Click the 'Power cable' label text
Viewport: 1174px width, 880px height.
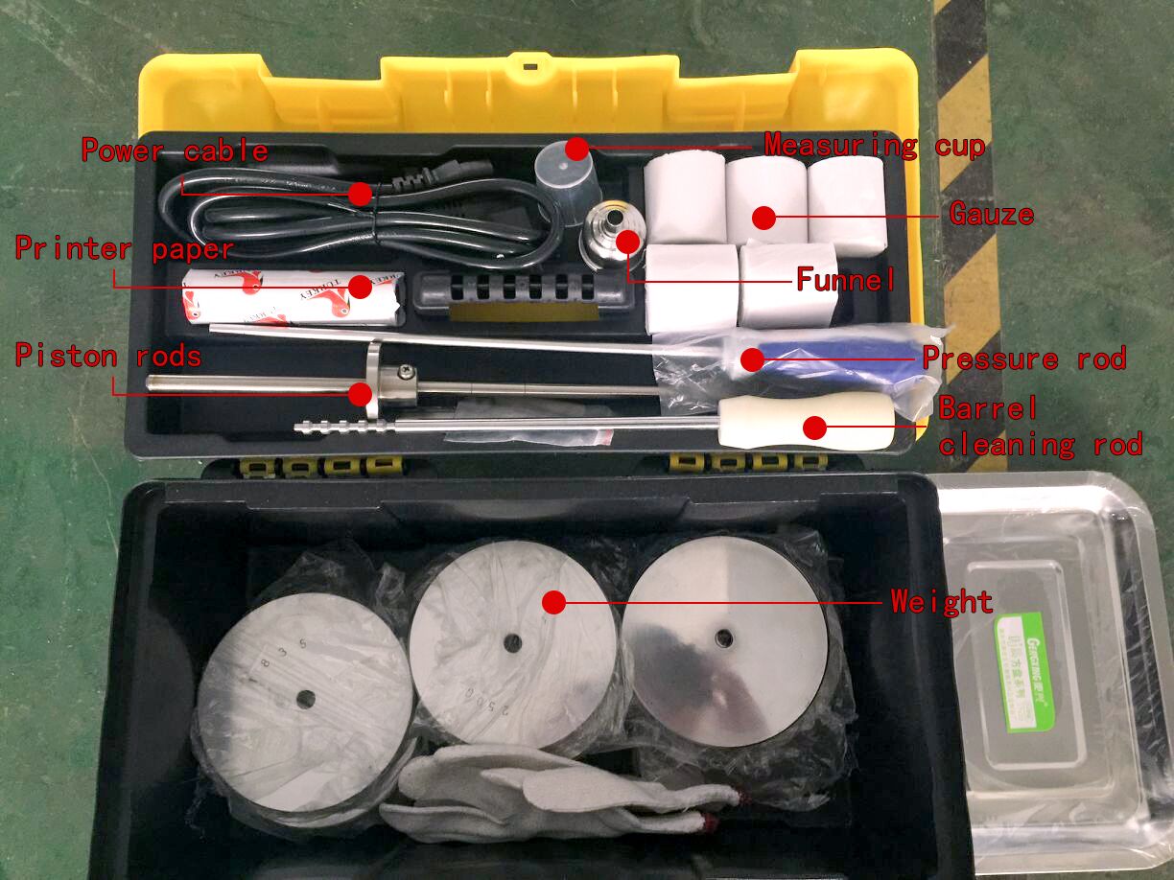(174, 151)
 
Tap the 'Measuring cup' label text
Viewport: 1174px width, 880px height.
(874, 146)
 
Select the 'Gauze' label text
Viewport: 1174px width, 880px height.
(992, 214)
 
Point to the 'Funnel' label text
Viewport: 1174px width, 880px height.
(846, 280)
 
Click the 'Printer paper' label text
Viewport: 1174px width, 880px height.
(124, 249)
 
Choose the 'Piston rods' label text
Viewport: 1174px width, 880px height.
(107, 357)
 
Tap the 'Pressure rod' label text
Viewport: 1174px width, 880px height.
(1023, 359)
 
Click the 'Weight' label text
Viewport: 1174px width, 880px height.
(941, 602)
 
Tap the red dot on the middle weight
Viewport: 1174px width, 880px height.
(553, 602)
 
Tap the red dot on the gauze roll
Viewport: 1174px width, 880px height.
(763, 218)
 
